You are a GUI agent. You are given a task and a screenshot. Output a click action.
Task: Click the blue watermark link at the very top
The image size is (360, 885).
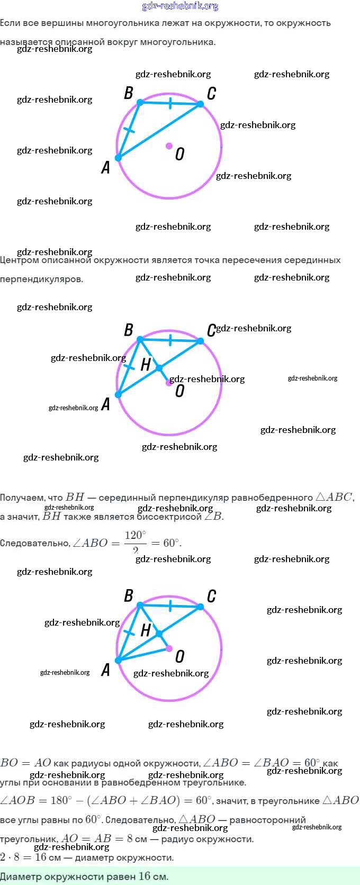click(180, 6)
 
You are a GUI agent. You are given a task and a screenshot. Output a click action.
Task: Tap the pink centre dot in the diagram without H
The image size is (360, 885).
click(169, 146)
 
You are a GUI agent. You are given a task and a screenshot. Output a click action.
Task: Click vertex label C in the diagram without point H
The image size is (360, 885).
click(211, 94)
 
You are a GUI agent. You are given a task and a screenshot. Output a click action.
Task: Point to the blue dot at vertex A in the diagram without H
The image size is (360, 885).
click(119, 158)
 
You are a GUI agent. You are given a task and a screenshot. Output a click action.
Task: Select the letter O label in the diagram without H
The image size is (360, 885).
click(179, 154)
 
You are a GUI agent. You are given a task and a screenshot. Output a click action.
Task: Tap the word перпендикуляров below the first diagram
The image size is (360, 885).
click(41, 279)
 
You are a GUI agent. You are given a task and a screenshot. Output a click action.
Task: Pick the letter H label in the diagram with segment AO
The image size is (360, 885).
click(146, 630)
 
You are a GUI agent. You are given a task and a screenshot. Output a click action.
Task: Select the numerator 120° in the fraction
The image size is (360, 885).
click(135, 535)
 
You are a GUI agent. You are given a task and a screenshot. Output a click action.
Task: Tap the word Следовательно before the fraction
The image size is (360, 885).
click(34, 543)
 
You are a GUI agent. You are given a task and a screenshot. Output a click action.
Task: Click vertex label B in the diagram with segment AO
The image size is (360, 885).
click(128, 596)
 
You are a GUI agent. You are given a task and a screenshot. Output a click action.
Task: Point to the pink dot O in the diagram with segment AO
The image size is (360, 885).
click(169, 648)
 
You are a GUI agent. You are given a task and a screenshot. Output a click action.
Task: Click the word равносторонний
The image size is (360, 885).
click(268, 820)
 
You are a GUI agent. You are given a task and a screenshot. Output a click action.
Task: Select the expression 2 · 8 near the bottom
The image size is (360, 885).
click(10, 857)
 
